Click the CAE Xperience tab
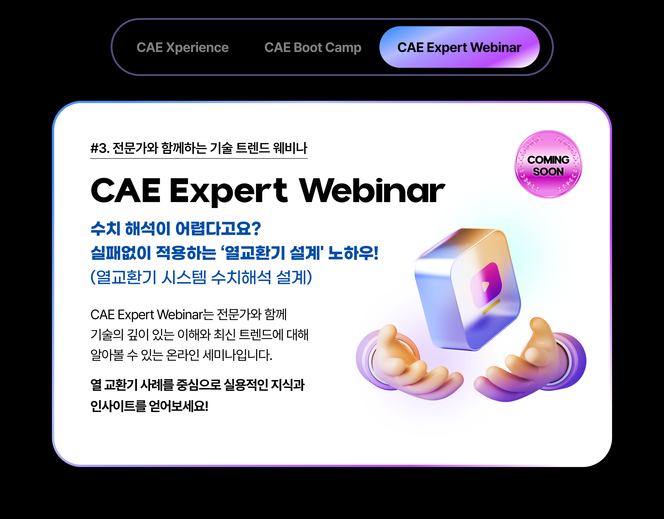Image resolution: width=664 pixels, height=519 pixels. pyautogui.click(x=182, y=47)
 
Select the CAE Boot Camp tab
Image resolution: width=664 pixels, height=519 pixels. pyautogui.click(x=313, y=48)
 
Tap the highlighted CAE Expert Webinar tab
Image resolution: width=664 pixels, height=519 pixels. pyautogui.click(x=459, y=47)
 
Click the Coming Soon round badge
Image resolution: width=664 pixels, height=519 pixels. pyautogui.click(x=548, y=164)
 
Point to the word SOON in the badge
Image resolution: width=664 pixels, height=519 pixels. pyautogui.click(x=548, y=172)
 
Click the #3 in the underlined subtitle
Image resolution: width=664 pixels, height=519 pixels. pyautogui.click(x=99, y=148)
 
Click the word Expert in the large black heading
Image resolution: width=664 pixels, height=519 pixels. pyautogui.click(x=229, y=192)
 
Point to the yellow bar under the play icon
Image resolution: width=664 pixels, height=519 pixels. pyautogui.click(x=491, y=306)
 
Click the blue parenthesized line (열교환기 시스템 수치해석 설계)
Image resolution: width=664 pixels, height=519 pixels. pyautogui.click(x=201, y=277)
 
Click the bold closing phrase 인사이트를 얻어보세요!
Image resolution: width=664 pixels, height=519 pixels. pyautogui.click(x=149, y=406)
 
